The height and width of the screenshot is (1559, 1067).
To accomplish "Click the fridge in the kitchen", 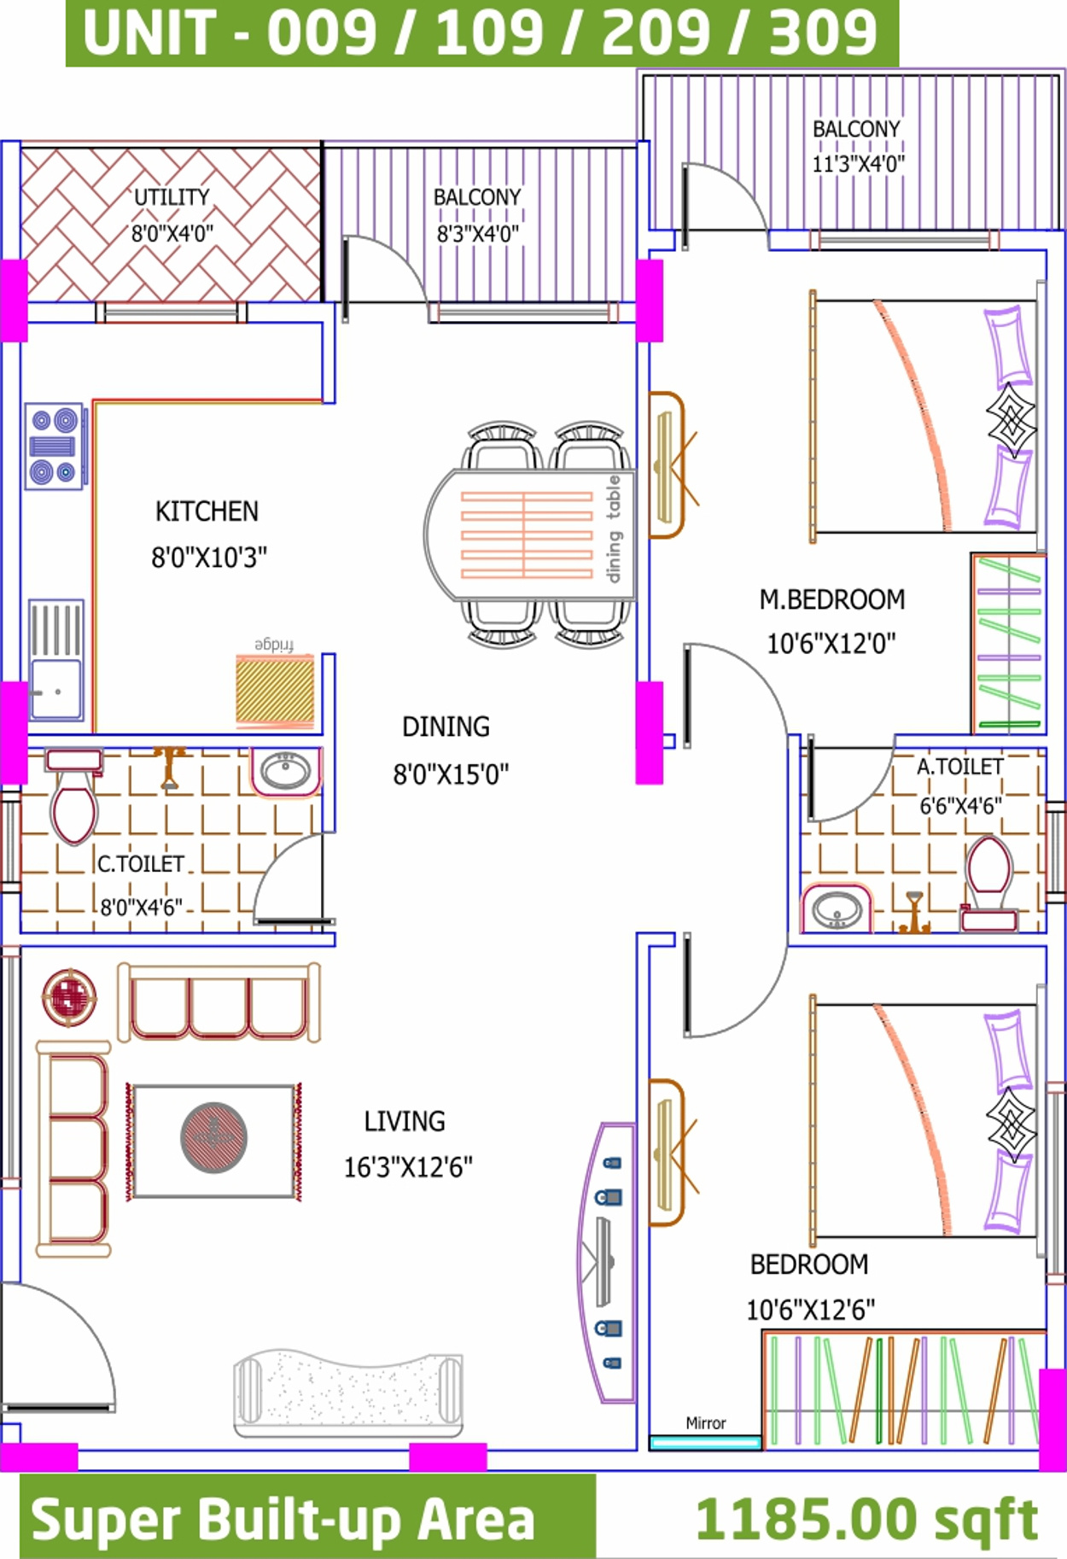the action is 275,690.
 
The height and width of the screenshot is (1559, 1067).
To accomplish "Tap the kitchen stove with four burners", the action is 54,446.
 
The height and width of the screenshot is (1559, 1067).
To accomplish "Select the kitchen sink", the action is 56,659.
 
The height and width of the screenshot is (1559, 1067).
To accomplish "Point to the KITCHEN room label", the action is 207,511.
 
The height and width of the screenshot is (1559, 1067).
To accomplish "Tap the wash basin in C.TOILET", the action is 286,772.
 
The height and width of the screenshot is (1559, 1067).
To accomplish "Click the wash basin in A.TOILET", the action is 837,908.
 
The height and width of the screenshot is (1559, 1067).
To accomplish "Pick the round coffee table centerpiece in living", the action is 213,1138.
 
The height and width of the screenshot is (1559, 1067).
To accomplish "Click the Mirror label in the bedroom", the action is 706,1422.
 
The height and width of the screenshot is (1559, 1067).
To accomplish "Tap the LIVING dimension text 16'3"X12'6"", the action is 408,1167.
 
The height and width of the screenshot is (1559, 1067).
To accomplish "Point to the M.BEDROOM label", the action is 832,599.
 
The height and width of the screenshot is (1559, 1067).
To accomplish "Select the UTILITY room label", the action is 172,197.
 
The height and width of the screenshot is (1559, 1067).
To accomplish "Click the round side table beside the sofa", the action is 69,997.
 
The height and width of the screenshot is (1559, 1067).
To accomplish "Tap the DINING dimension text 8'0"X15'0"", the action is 451,774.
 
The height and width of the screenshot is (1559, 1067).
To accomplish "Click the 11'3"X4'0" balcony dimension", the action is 858,163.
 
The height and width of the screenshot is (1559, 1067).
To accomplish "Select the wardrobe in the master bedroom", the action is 1008,643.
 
